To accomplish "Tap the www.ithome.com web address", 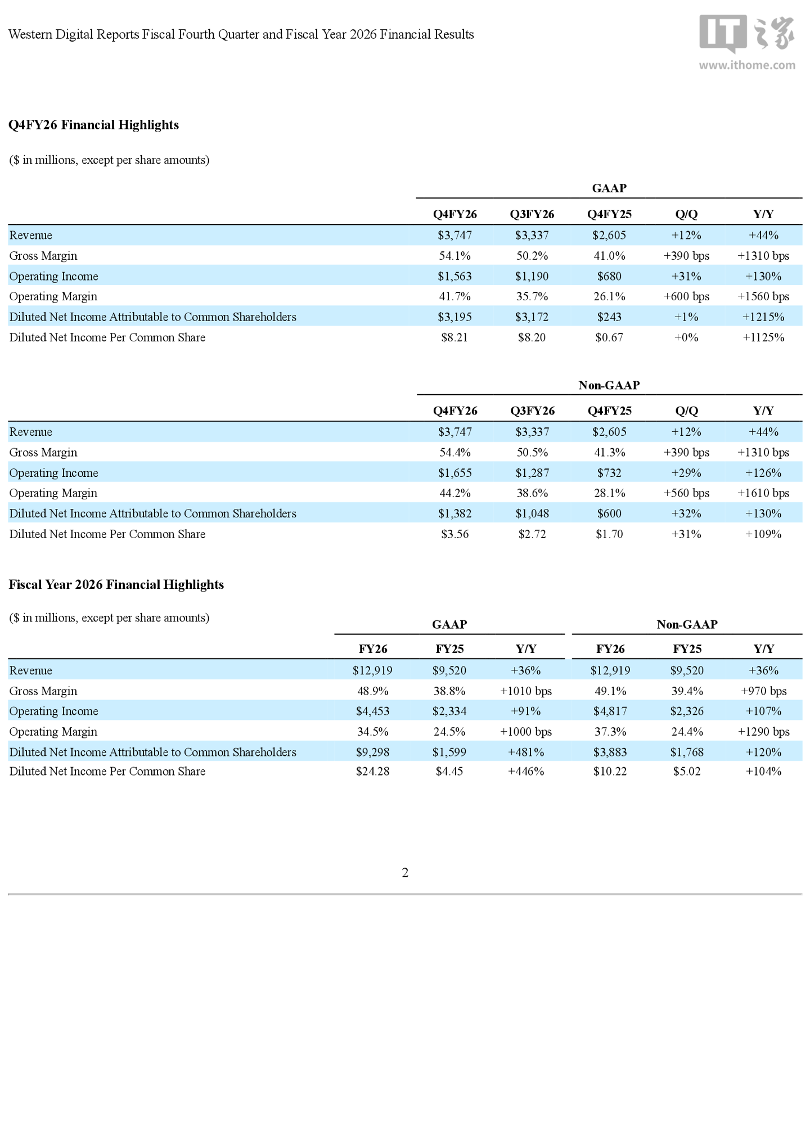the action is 747,65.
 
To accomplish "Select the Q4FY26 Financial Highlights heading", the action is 93,125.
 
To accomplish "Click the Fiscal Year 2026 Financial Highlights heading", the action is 116,585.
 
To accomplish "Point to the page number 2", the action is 405,872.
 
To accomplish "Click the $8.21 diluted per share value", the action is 454,337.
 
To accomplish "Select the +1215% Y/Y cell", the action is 763,317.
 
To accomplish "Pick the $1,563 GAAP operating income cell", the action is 454,276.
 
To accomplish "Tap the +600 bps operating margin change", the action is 686,296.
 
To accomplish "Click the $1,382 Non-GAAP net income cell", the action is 455,513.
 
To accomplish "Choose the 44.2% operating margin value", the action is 455,493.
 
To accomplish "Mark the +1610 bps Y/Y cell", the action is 763,493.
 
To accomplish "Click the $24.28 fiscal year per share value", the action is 372,772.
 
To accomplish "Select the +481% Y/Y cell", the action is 526,752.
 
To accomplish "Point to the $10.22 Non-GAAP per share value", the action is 610,772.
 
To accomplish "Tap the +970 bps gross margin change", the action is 763,691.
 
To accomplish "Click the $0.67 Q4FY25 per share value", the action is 609,337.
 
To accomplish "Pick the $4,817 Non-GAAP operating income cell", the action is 610,711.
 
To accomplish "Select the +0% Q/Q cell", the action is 686,337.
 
